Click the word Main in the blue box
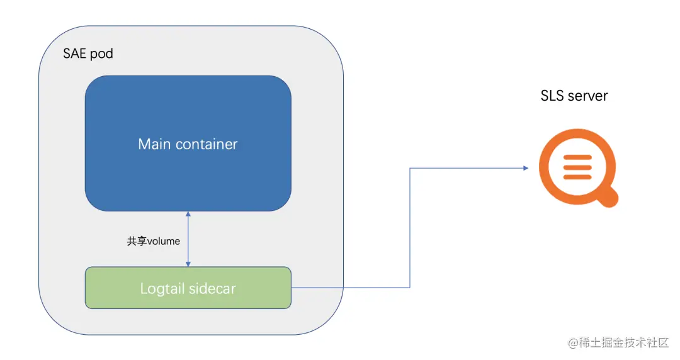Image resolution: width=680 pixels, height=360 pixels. (154, 144)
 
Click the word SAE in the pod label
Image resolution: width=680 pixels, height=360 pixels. (75, 53)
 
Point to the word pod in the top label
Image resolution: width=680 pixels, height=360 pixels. (101, 53)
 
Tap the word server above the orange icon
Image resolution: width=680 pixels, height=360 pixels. (587, 96)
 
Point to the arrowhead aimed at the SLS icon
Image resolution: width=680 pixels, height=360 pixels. (524, 168)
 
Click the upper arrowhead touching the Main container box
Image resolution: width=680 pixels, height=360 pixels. (188, 215)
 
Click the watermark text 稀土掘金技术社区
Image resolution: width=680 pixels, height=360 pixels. (623, 342)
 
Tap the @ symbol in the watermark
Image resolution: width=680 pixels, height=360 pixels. (573, 343)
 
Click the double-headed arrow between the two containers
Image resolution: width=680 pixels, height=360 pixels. (188, 239)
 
